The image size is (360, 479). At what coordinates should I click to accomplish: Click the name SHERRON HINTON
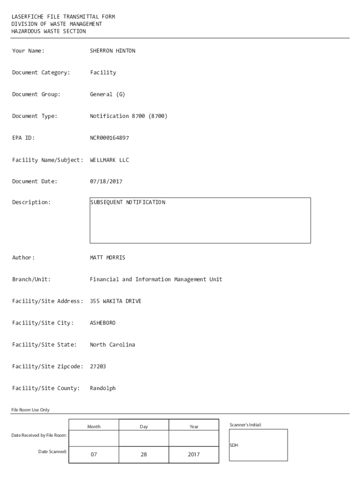click(x=112, y=51)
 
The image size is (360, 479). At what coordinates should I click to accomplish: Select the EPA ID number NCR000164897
click(x=109, y=138)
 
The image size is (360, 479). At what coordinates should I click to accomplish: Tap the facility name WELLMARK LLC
click(x=109, y=160)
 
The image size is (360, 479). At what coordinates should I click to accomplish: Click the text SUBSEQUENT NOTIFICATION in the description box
click(x=128, y=203)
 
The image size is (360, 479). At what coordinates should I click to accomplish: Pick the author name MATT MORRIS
click(x=108, y=258)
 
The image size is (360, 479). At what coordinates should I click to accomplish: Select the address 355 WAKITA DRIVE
click(x=115, y=301)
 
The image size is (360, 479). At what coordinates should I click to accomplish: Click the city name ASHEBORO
click(x=103, y=323)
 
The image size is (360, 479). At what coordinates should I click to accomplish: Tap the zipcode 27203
click(x=98, y=367)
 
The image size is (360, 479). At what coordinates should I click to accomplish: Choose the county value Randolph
click(x=103, y=388)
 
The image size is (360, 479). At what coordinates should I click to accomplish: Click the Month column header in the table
click(x=94, y=427)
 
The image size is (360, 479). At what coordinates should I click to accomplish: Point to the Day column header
click(x=144, y=427)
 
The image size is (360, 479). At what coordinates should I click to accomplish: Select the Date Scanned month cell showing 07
click(x=94, y=454)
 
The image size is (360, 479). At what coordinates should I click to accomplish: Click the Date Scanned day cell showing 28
click(x=144, y=454)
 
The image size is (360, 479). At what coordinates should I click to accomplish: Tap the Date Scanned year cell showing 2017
click(x=194, y=454)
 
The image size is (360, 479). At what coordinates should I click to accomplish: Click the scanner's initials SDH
click(x=234, y=445)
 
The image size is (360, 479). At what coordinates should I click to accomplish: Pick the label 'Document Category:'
click(x=41, y=73)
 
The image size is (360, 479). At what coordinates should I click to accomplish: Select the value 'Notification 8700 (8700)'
click(x=129, y=116)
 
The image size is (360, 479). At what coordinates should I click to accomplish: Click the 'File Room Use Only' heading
click(x=30, y=410)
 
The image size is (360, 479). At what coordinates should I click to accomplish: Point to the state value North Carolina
click(x=112, y=345)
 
